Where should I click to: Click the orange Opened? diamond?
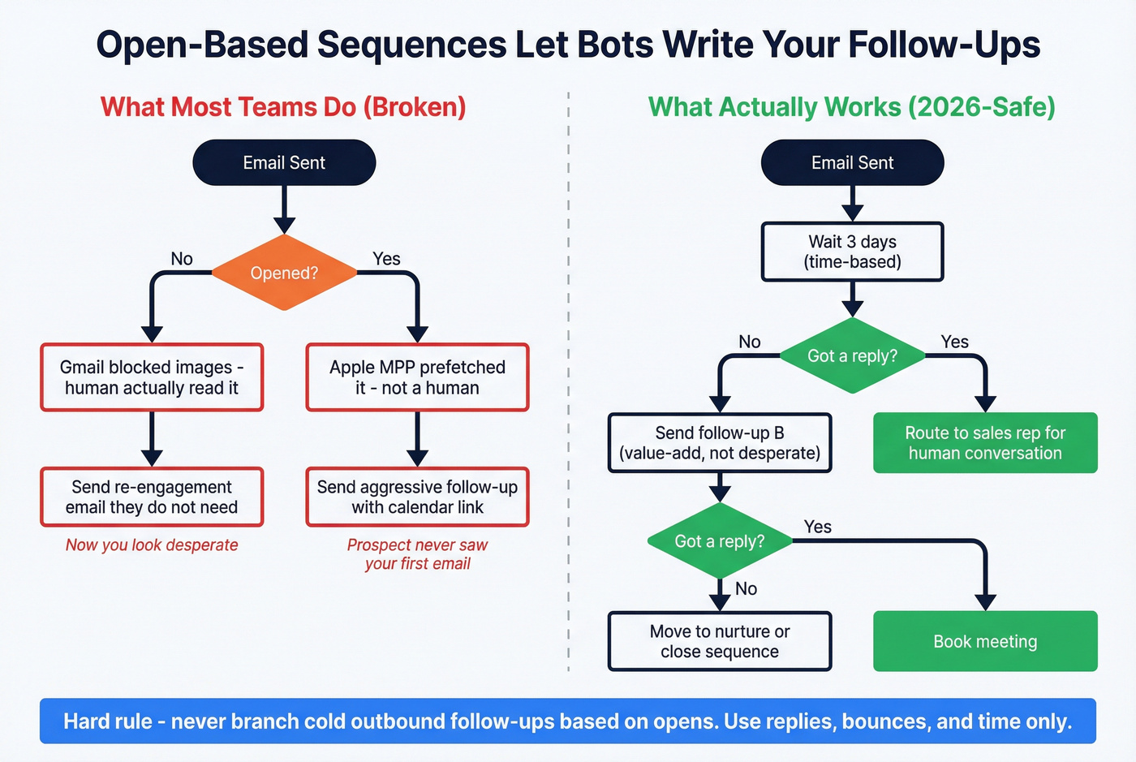pos(284,273)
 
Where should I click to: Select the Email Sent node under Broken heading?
pos(284,162)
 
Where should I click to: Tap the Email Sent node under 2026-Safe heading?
pos(852,162)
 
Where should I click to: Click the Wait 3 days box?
pos(852,252)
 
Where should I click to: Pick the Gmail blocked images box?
pos(152,377)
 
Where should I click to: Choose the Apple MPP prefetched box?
pos(417,377)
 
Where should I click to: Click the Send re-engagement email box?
pos(152,497)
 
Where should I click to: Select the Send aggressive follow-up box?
pos(417,497)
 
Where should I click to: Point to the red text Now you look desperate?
pos(152,545)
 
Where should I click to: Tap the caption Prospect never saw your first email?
pos(417,554)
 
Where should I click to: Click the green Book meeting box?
pos(985,641)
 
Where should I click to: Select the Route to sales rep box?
pos(985,443)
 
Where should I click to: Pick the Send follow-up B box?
pos(720,443)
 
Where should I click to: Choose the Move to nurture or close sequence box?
pos(720,641)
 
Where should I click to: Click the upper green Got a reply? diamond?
pos(852,355)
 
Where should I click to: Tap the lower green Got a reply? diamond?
pos(720,541)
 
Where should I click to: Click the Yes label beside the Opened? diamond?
pos(386,259)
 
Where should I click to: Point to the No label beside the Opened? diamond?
pos(182,259)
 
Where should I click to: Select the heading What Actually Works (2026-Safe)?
pos(852,107)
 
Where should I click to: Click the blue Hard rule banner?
pos(568,721)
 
